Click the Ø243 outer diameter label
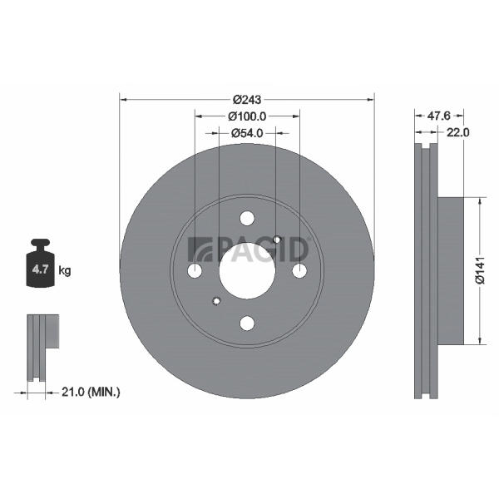click(247, 100)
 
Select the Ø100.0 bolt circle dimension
click(247, 116)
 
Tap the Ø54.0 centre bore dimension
click(247, 133)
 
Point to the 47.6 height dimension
click(439, 116)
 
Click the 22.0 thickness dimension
click(458, 132)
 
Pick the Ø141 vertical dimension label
click(480, 270)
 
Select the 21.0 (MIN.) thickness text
click(91, 392)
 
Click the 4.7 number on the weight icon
click(40, 269)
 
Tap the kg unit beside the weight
click(65, 271)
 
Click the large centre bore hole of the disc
click(247, 271)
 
